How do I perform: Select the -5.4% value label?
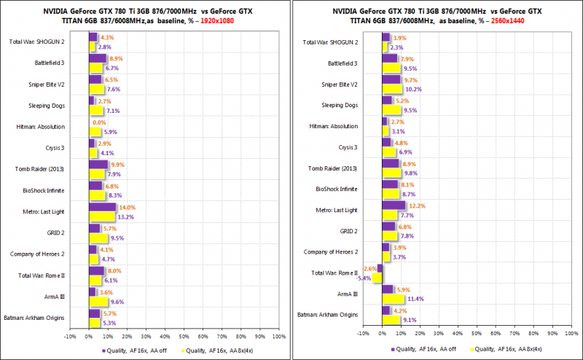click(364, 278)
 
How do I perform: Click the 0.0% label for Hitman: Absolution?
click(99, 123)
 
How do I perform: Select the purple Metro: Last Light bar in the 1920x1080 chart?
click(102, 207)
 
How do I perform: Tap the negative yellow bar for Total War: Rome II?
click(377, 278)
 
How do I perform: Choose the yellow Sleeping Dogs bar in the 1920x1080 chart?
click(95, 111)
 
